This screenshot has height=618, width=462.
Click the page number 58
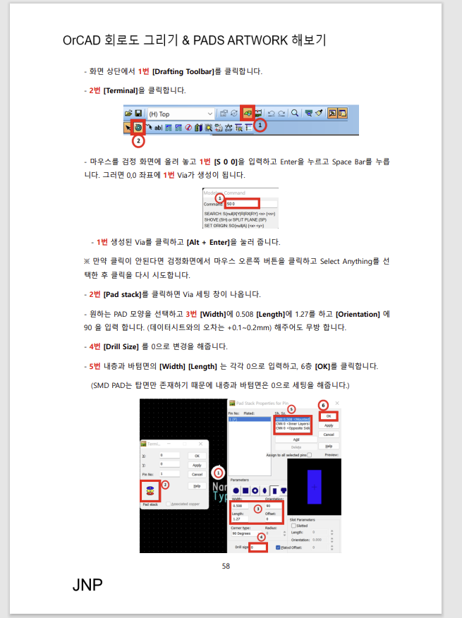click(x=226, y=566)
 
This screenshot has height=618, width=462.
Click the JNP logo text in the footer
click(x=87, y=586)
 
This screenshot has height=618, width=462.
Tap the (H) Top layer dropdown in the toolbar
click(x=180, y=114)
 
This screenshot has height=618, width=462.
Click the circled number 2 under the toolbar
click(x=138, y=140)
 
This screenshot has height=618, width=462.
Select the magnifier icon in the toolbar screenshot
click(x=295, y=113)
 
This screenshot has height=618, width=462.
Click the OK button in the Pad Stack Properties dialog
click(x=329, y=416)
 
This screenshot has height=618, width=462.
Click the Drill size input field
click(x=258, y=547)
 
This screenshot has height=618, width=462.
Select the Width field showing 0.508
click(x=241, y=506)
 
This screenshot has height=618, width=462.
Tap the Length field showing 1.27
click(x=240, y=518)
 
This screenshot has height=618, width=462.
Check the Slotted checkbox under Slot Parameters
click(x=293, y=526)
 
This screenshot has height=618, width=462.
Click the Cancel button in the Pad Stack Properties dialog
click(x=329, y=435)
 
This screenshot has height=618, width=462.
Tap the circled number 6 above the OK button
click(x=324, y=405)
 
